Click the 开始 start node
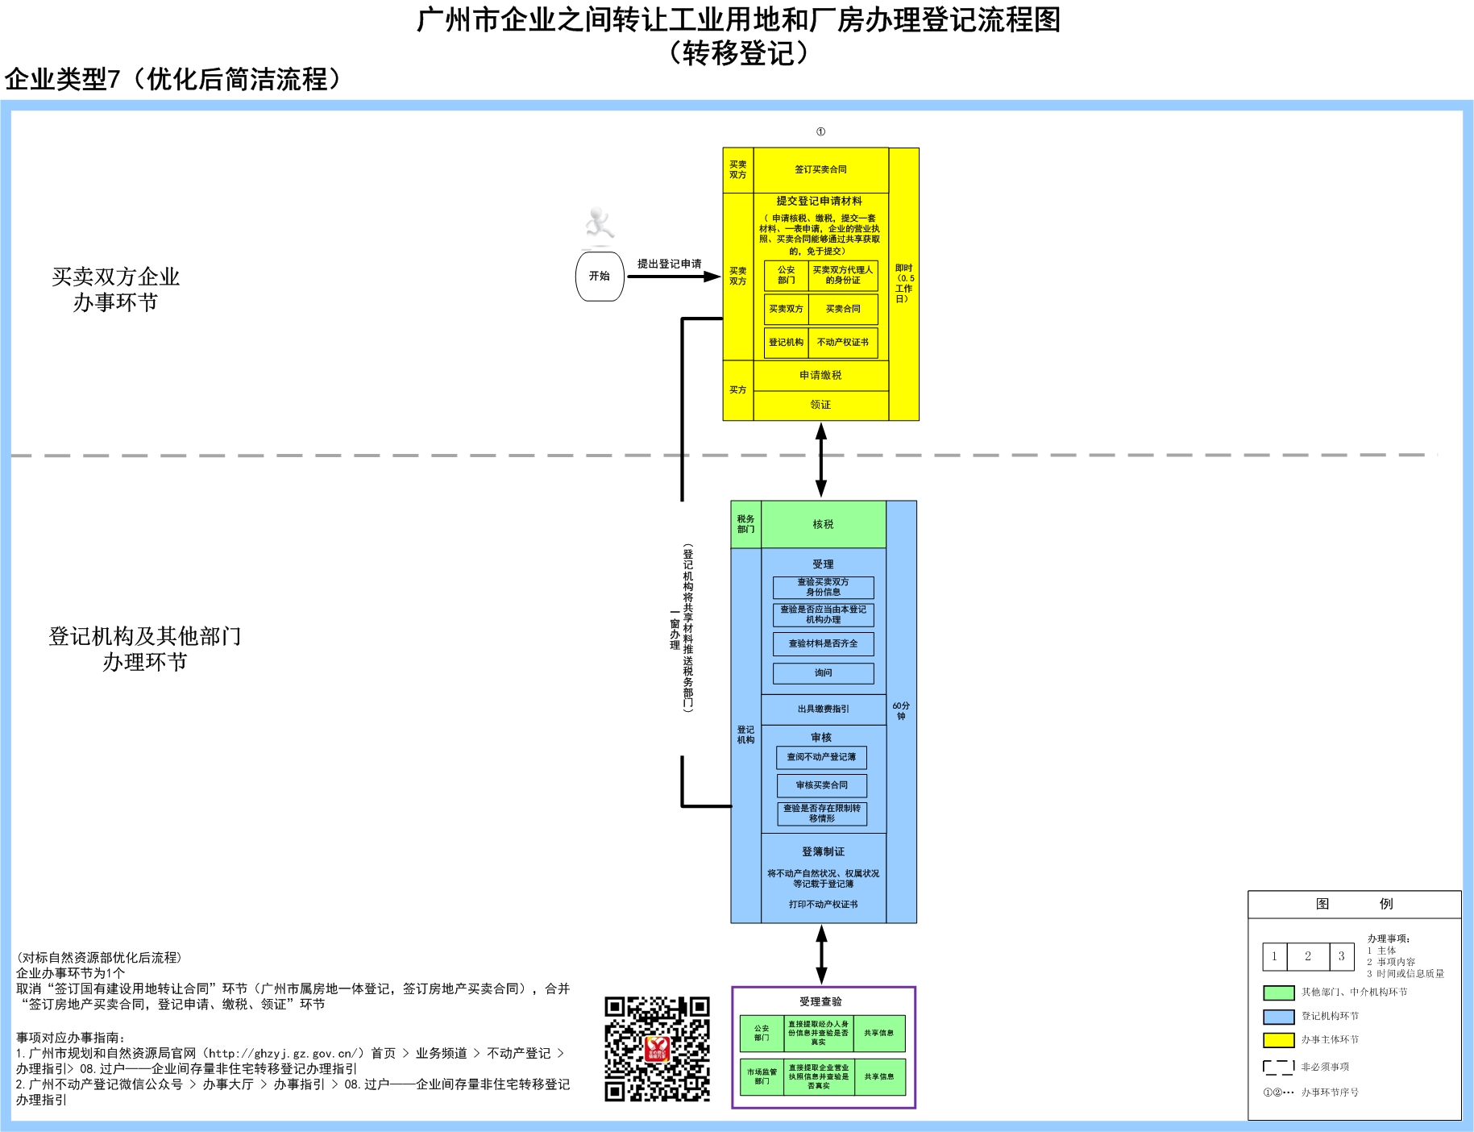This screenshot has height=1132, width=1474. point(599,277)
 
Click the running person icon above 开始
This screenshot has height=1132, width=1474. point(599,223)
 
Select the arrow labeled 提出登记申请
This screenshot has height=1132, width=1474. point(673,277)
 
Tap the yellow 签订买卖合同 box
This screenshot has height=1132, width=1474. point(820,170)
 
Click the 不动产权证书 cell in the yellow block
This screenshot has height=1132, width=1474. point(842,343)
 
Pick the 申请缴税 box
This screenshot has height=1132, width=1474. point(820,376)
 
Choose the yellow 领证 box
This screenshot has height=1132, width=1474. point(820,406)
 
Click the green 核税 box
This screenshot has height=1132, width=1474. point(823,525)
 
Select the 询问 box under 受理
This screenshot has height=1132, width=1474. point(823,673)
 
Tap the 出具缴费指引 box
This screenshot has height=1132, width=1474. point(823,710)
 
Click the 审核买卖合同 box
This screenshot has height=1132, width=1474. point(821,785)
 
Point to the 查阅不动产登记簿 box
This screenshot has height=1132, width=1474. point(821,757)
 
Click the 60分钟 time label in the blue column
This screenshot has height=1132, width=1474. point(901,711)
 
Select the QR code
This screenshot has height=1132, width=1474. point(657,1049)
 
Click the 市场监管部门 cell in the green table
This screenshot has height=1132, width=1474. point(762,1077)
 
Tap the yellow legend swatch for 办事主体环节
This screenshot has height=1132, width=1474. point(1278,1040)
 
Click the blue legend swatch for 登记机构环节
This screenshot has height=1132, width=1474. point(1278,1017)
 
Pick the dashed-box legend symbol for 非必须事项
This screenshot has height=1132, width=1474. point(1278,1067)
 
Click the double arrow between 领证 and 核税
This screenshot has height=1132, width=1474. point(820,460)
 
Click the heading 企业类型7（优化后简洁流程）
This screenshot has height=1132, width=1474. point(173,79)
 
